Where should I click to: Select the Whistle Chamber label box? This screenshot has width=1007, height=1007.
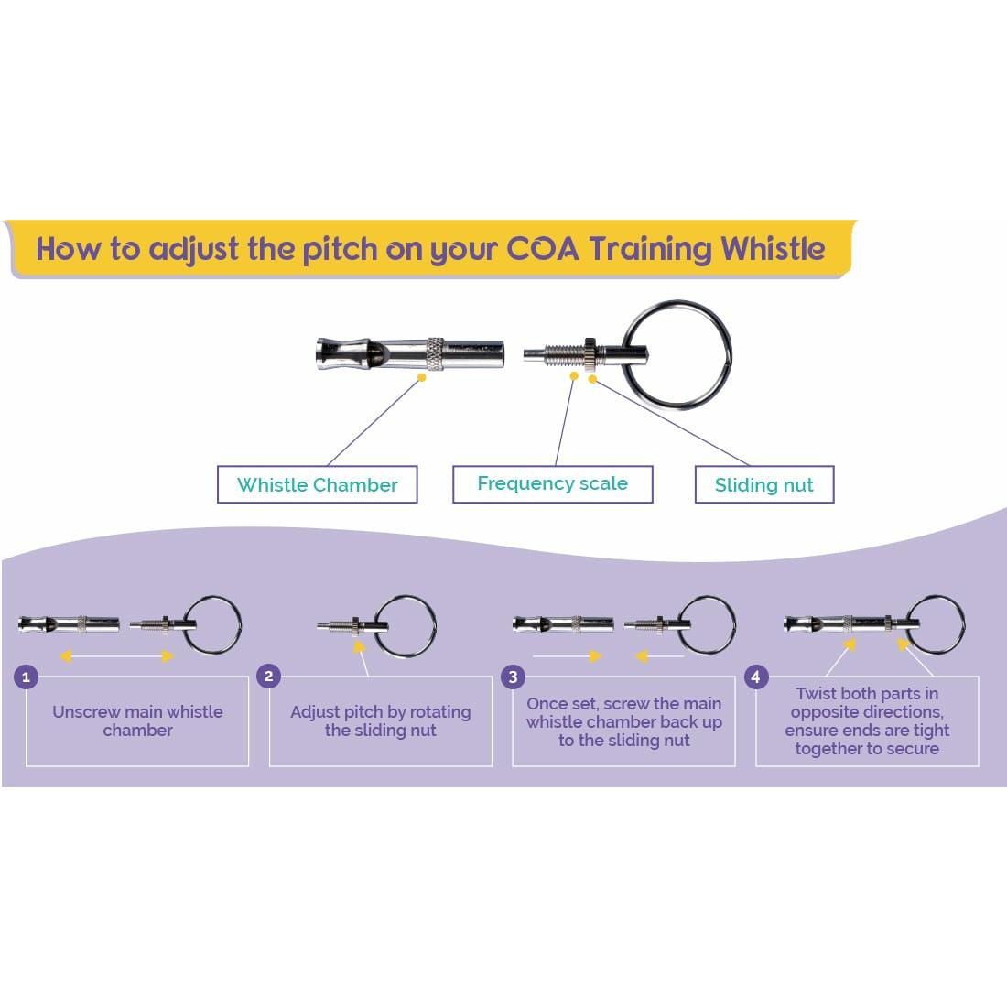317,484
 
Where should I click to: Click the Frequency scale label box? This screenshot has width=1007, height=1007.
552,483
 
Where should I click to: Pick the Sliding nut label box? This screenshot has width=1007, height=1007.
763,485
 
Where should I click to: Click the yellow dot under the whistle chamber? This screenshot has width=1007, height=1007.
421,376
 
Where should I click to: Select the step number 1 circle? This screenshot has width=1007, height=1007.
27,677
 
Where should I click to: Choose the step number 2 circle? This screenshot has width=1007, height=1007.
268,677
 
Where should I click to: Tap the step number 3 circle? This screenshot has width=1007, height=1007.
513,677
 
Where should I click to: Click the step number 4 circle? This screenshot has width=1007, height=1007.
755,677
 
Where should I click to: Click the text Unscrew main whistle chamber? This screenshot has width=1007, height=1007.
137,720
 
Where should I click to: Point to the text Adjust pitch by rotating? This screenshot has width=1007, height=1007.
380,712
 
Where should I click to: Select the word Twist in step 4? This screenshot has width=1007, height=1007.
816,694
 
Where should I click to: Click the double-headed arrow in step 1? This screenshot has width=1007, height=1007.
116,655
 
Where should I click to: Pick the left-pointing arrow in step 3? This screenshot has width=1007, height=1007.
659,655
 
